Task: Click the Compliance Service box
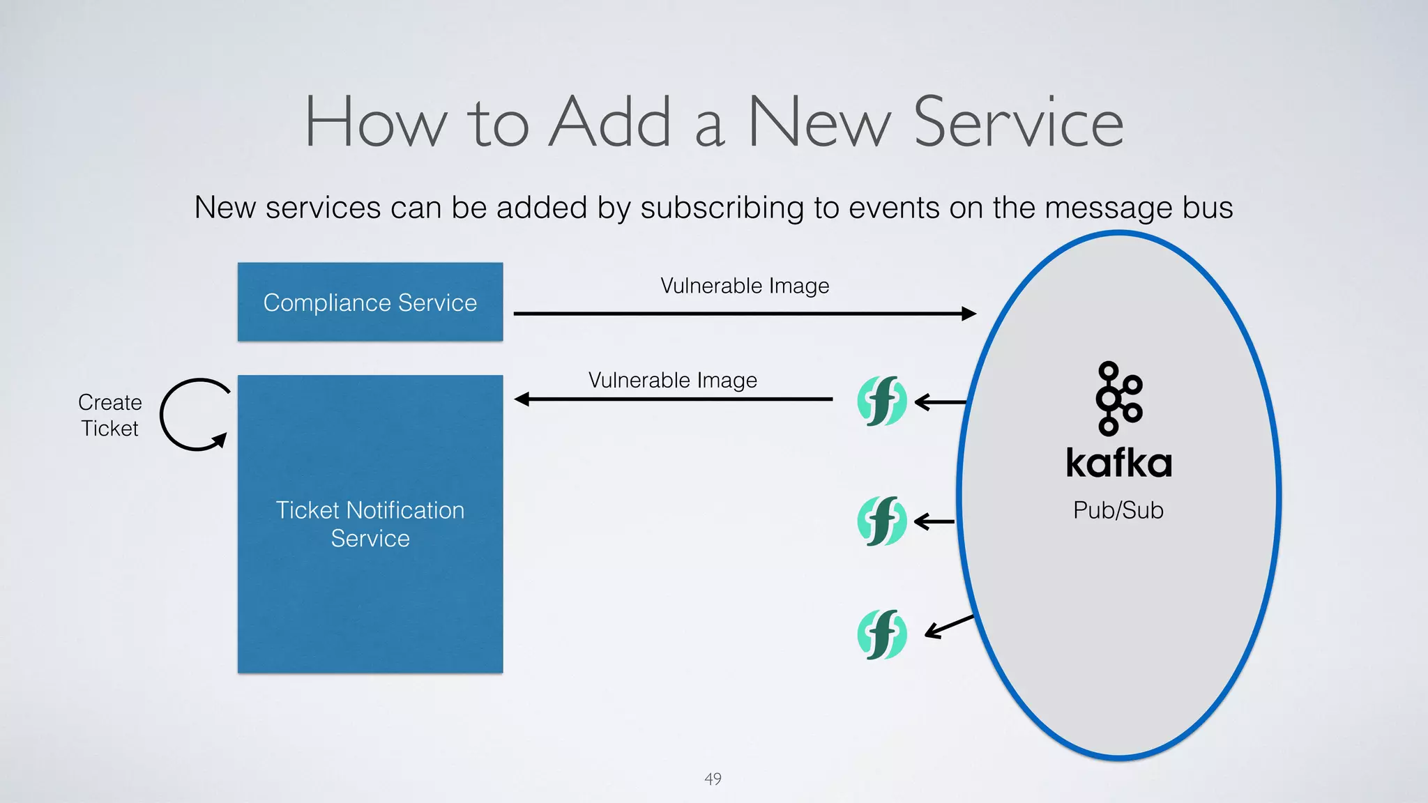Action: click(x=370, y=302)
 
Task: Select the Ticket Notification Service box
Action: click(x=370, y=523)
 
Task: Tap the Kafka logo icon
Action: click(x=1118, y=398)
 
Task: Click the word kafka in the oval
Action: click(x=1118, y=463)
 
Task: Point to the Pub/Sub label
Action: click(x=1118, y=510)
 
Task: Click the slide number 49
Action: click(x=713, y=779)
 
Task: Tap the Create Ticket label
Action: click(x=109, y=415)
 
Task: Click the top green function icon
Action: click(x=881, y=401)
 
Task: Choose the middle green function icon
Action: click(x=881, y=521)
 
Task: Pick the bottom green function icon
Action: click(x=881, y=634)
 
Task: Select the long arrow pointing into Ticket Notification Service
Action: click(x=673, y=399)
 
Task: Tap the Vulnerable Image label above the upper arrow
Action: click(x=745, y=286)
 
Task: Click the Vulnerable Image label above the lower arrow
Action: click(x=672, y=380)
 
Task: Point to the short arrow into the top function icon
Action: click(x=940, y=402)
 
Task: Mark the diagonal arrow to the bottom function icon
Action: click(x=949, y=626)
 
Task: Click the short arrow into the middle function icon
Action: click(x=934, y=521)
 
